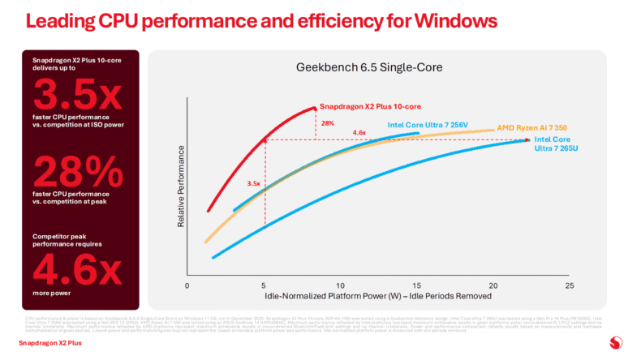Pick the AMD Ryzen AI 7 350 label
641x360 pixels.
tap(531, 129)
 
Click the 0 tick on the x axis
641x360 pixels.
tap(187, 286)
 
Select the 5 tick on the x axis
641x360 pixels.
tap(264, 286)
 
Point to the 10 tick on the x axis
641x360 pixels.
tap(340, 286)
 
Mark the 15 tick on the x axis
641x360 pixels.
tap(416, 286)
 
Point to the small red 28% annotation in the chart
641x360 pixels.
tap(328, 123)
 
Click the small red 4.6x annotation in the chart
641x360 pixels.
tap(359, 133)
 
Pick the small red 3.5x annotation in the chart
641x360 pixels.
tap(252, 184)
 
